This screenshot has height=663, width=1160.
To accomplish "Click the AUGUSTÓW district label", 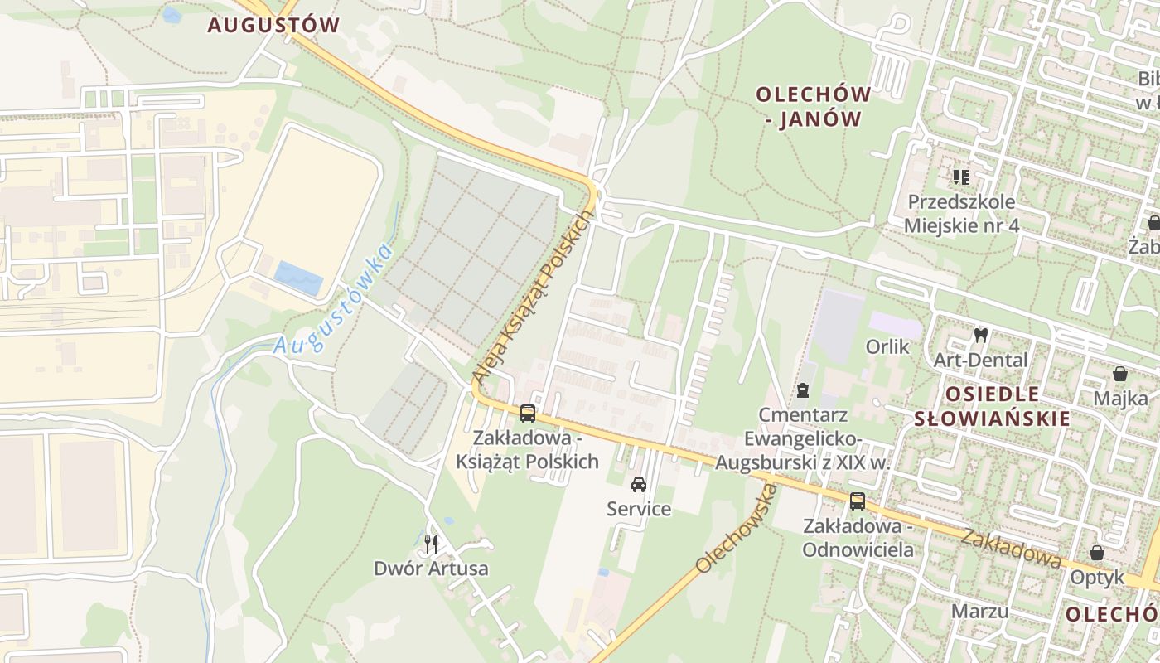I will click(273, 25).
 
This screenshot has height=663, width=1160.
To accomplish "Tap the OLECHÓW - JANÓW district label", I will click(813, 107).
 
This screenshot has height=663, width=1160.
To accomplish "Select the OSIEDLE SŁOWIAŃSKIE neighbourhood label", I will click(992, 406).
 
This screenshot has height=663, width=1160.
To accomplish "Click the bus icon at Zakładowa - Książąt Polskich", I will click(528, 413).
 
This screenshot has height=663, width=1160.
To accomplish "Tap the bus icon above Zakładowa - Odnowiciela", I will click(858, 501).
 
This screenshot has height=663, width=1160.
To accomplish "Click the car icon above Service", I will click(639, 484).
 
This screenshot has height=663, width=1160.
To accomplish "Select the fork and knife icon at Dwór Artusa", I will click(430, 544).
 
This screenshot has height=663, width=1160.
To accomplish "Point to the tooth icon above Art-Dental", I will click(981, 336).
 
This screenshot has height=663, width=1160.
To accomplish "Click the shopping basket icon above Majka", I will click(1119, 374).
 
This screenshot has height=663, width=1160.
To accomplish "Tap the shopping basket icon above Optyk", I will click(1097, 552).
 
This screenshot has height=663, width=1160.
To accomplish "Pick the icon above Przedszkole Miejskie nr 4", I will click(961, 177).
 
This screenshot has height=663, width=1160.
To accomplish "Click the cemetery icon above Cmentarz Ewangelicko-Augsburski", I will click(802, 390).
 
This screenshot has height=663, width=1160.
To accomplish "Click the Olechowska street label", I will click(737, 530).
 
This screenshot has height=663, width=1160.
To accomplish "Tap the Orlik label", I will click(887, 346).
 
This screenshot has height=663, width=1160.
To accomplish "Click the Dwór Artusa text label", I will click(431, 569).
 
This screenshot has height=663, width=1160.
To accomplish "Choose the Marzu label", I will click(979, 612).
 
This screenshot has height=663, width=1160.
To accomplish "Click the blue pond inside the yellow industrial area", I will click(298, 278).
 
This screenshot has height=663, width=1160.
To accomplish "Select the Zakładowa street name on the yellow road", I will click(1011, 548).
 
